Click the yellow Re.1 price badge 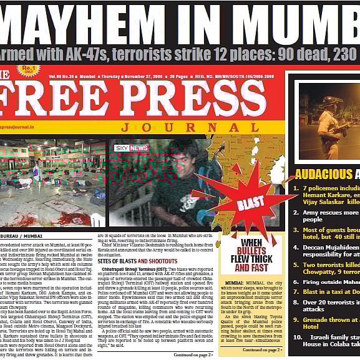tap(27, 71)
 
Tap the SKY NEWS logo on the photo tap(131, 148)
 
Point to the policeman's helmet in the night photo tap(329, 100)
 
